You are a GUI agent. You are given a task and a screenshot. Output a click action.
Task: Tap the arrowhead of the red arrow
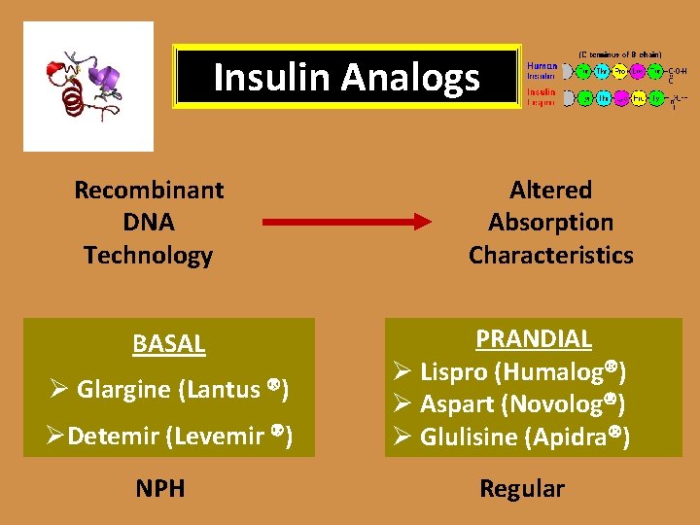point(421,223)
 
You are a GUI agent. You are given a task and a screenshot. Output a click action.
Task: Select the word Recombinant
point(149,190)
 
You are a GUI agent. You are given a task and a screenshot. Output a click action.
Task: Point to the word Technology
point(148,256)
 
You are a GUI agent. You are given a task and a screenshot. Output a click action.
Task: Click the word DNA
point(149,223)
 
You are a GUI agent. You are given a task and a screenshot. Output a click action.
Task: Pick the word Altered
point(550,190)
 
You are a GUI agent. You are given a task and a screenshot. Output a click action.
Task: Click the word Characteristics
point(550,256)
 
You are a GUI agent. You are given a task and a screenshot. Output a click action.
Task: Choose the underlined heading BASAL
point(168,344)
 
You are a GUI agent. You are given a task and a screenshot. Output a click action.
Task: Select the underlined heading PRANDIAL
point(533,338)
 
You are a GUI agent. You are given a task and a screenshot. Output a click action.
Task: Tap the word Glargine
point(123,391)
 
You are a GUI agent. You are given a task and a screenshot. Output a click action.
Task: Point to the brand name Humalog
point(572,371)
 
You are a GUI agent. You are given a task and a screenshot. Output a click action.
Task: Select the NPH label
point(161,489)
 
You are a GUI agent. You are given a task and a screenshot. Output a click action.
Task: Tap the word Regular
point(522,489)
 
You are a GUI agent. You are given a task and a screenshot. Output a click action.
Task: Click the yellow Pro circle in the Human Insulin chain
point(619,71)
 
